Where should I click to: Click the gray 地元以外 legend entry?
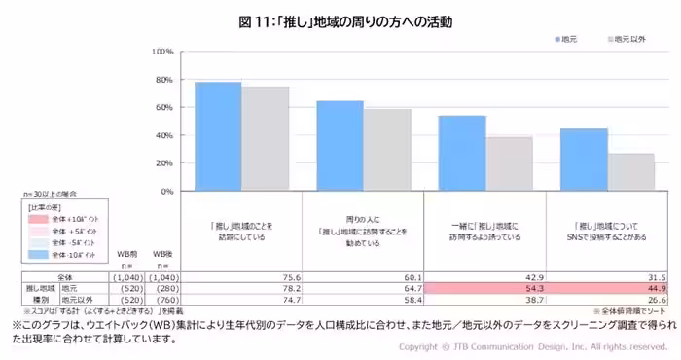[x=627, y=39]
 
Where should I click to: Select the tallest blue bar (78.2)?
[x=218, y=136]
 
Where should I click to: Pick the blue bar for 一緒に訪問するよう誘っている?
[x=461, y=153]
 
